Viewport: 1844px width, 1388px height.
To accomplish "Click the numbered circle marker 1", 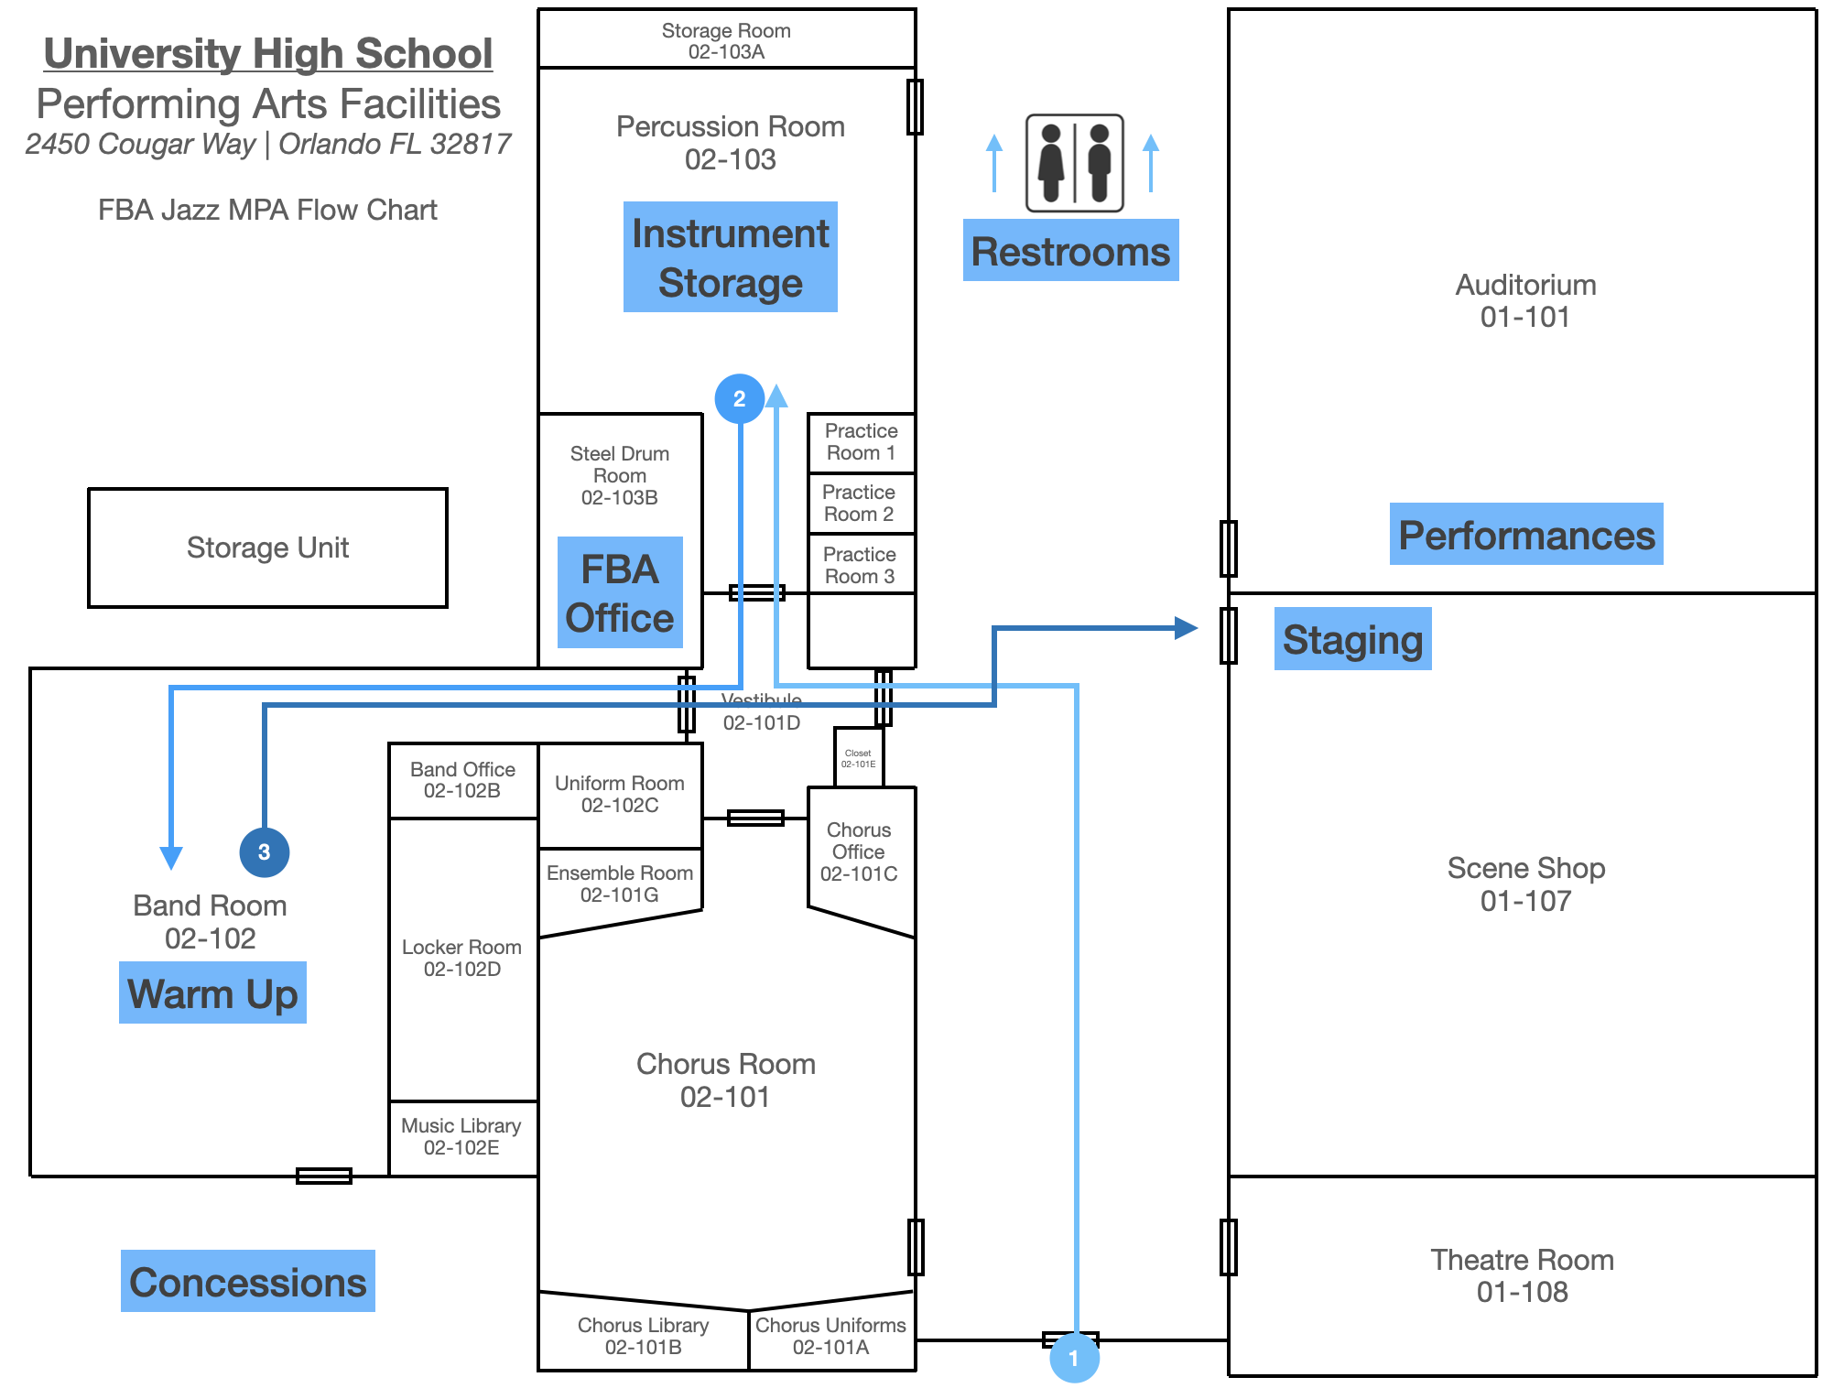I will coord(1074,1358).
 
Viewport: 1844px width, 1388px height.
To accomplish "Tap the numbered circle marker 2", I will coord(739,399).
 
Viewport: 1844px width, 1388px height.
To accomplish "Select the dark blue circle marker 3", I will coord(264,852).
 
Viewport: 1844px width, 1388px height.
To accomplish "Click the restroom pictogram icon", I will coord(1074,163).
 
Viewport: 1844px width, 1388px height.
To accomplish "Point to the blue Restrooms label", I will coord(1070,251).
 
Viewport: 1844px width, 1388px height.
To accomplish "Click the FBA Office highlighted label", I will coord(620,593).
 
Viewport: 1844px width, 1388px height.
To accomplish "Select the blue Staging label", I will coord(1352,639).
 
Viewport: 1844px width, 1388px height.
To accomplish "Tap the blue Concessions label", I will coord(247,1281).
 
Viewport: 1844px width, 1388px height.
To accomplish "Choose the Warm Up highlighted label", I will coord(212,992).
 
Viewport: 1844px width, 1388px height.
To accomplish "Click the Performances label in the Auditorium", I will coord(1526,535).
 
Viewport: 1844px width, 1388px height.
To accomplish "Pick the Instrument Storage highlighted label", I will coord(730,257).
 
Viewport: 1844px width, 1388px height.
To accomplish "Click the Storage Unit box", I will coord(267,548).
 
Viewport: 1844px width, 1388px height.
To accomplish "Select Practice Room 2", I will coord(859,504).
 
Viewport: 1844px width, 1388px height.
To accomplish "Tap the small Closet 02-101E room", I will coord(859,758).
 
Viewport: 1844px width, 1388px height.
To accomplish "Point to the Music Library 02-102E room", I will coord(461,1137).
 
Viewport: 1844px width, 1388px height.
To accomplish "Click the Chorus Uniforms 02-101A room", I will coord(830,1336).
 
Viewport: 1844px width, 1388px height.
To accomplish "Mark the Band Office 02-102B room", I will coord(462,780).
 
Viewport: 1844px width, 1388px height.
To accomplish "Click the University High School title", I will coord(268,53).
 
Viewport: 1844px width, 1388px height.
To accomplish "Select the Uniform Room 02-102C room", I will coord(620,795).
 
